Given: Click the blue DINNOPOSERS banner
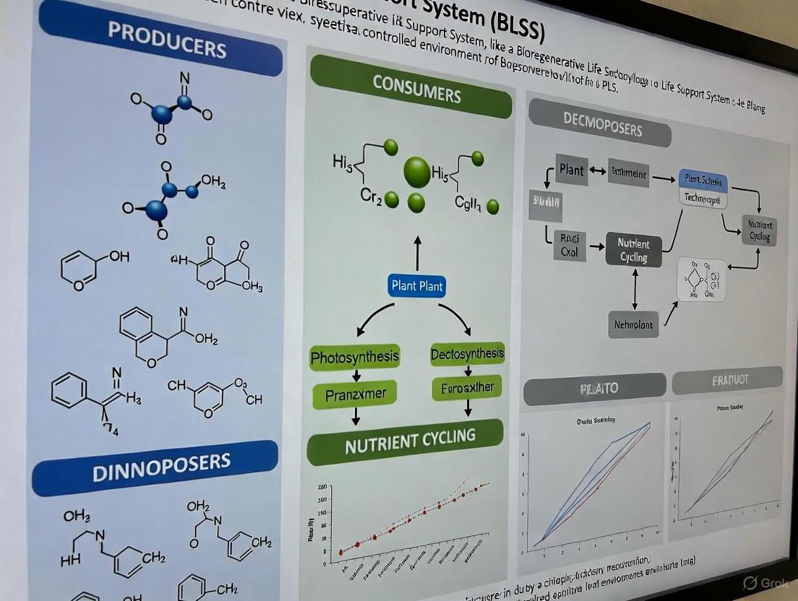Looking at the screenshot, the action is pos(155,467).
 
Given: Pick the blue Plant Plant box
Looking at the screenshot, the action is pos(417,286).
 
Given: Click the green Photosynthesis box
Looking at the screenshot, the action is pos(355,357).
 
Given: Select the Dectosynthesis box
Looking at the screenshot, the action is pos(467,354).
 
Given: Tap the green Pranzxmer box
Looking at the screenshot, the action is pos(356,394).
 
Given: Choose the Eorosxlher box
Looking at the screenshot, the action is pos(467,388).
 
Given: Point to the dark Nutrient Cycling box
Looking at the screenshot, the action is pos(633,251).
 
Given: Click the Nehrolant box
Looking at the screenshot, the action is pos(633,324).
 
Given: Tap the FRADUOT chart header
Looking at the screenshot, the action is pos(726,379).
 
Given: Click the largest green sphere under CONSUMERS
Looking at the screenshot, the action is pos(418,173).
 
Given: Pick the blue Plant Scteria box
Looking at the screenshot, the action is pos(703,181).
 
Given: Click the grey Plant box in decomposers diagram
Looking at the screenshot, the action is pos(571,170).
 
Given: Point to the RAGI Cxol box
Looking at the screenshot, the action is pos(570,246).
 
